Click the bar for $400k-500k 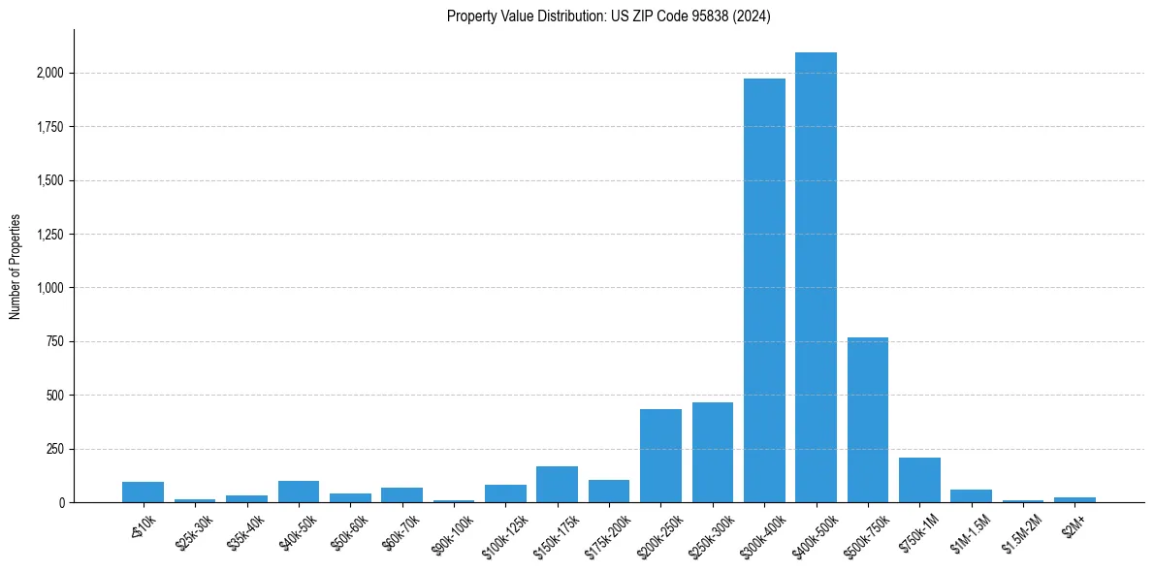(816, 277)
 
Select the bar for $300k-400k (764, 291)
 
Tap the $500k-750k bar (868, 420)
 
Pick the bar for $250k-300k (713, 453)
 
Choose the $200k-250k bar (660, 456)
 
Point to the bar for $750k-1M (919, 480)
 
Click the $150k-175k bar (557, 485)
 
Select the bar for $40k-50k (299, 492)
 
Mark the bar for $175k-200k (609, 492)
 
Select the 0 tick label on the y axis (62, 503)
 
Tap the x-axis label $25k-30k (192, 529)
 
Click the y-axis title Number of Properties (16, 266)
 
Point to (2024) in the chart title (753, 16)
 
